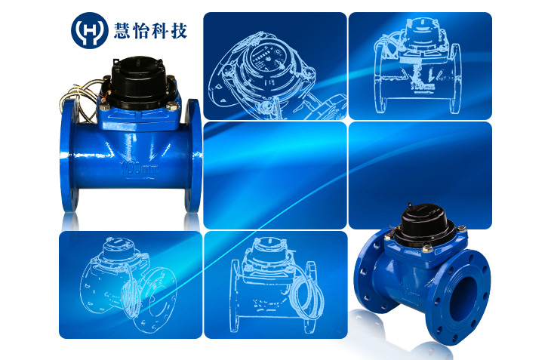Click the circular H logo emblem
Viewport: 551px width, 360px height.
click(x=89, y=30)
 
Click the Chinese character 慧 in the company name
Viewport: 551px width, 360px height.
click(x=122, y=30)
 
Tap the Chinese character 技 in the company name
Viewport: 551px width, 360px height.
click(x=179, y=30)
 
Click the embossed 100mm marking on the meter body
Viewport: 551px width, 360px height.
click(x=139, y=168)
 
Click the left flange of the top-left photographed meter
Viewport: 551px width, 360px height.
click(x=69, y=155)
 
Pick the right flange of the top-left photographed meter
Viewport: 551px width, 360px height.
click(x=193, y=155)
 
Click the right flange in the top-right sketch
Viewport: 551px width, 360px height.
click(x=455, y=78)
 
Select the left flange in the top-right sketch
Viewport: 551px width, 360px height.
click(x=380, y=78)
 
